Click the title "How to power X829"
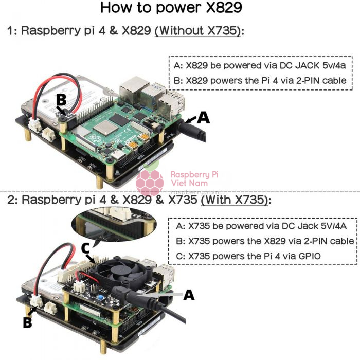tap(171, 9)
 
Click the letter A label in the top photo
tap(204, 118)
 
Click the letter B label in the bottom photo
tap(28, 323)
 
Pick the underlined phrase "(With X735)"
tap(235, 200)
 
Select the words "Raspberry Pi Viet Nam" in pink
tap(194, 179)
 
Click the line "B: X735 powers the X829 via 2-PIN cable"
tap(263, 241)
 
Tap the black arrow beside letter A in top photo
tap(189, 120)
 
